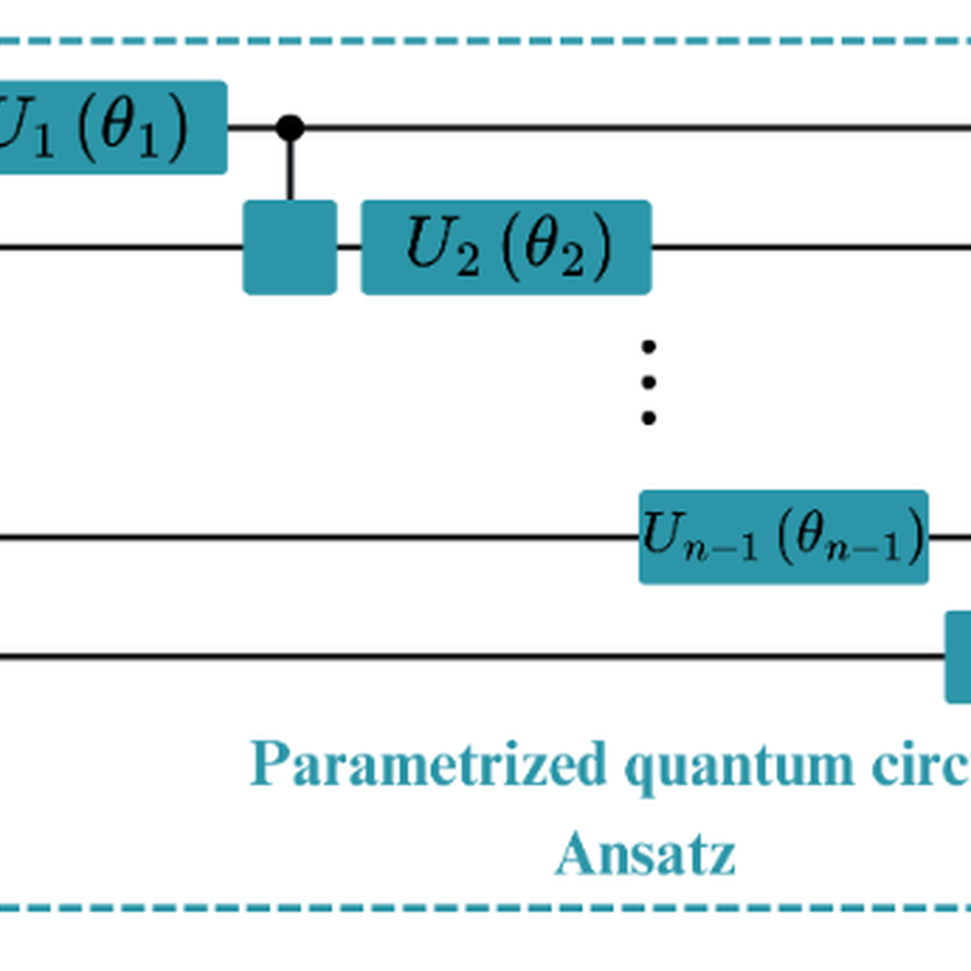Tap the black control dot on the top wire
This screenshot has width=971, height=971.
coord(290,127)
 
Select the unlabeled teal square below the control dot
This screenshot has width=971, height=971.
coord(290,247)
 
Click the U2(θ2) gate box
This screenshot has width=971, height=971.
coord(505,247)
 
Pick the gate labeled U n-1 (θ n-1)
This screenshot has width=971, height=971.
coord(783,537)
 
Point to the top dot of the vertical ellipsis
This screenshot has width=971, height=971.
coord(649,347)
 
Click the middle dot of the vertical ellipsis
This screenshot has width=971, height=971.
coord(649,382)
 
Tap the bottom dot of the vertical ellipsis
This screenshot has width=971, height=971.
coord(649,417)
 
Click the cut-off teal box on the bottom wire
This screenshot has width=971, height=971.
coord(959,656)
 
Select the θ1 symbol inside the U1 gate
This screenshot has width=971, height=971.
coord(128,128)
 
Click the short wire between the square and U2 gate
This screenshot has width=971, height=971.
coord(349,247)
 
